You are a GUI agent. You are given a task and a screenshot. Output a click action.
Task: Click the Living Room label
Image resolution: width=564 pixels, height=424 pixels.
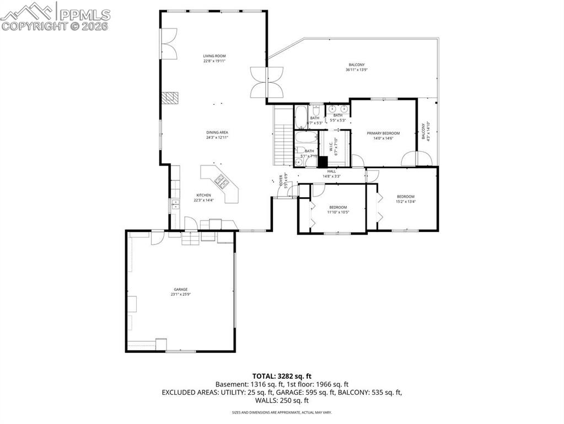[x=214, y=56]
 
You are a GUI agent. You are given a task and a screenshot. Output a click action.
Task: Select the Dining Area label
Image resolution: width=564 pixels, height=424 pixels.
[x=217, y=132]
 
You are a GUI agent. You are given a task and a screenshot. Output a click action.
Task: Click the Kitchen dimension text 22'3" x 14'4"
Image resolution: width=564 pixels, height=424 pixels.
[x=203, y=200]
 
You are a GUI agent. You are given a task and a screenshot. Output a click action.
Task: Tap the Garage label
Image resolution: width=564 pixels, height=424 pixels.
[x=180, y=289]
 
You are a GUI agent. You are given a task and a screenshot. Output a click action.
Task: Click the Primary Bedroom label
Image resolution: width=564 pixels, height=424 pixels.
[x=383, y=133]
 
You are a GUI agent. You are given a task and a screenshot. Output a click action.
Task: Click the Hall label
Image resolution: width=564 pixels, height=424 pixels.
[x=331, y=171]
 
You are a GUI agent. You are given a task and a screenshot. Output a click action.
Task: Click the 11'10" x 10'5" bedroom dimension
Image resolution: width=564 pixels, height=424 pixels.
[x=338, y=212]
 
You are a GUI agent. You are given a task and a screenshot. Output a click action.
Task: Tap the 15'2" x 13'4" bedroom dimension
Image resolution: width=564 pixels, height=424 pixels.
[x=405, y=202]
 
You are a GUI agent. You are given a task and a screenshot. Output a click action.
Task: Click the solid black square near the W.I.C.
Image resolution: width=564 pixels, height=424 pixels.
[x=323, y=162]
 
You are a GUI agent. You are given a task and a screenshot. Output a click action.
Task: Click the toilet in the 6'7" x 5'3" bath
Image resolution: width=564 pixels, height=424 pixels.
[x=316, y=109]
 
